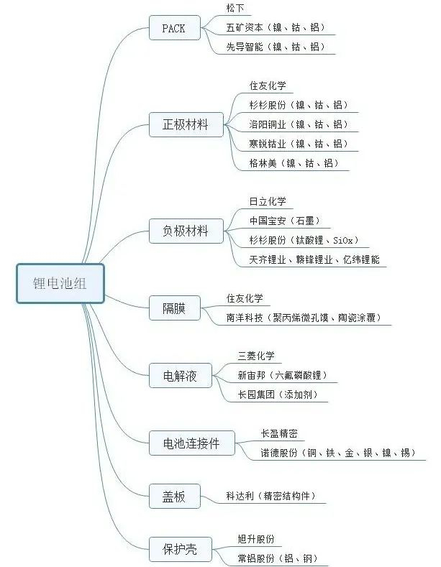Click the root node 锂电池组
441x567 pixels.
(x=60, y=283)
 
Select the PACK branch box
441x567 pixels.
(x=173, y=29)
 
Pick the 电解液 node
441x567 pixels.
(x=174, y=375)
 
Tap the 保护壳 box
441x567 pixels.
(x=174, y=550)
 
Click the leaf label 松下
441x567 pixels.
(x=236, y=9)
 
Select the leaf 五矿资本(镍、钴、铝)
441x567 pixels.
(x=275, y=28)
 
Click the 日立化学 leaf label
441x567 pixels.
(x=268, y=201)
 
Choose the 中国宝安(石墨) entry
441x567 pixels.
(x=284, y=221)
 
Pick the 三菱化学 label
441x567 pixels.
(x=256, y=356)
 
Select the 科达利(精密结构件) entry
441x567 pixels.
(x=270, y=496)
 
